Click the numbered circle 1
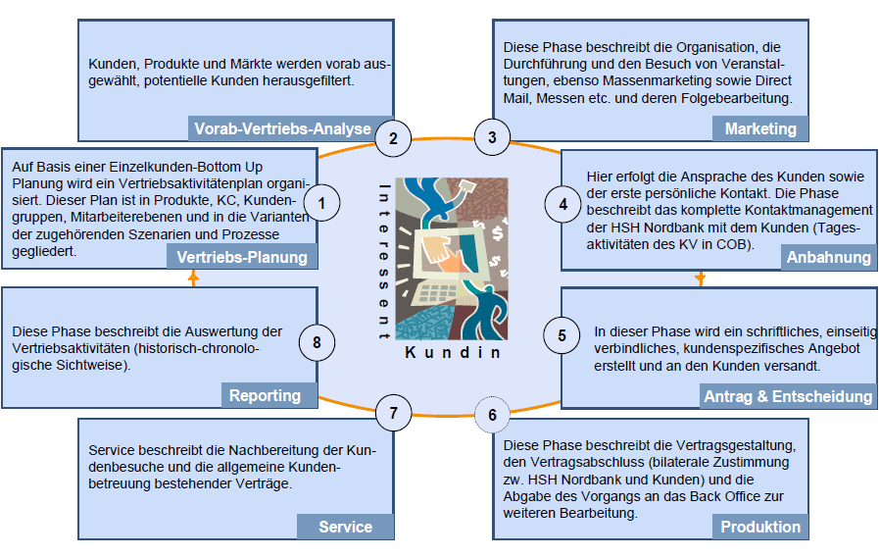pyautogui.click(x=321, y=203)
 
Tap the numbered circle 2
pyautogui.click(x=393, y=138)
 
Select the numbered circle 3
pyautogui.click(x=492, y=138)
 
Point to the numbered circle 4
pyautogui.click(x=562, y=204)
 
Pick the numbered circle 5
pyautogui.click(x=562, y=335)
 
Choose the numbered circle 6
pyautogui.click(x=492, y=414)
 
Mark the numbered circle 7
pyautogui.click(x=393, y=413)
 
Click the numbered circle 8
pyautogui.click(x=317, y=342)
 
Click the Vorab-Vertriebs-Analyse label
pyautogui.click(x=282, y=128)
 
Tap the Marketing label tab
pyautogui.click(x=760, y=128)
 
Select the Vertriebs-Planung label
pyautogui.click(x=242, y=257)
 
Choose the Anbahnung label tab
pyautogui.click(x=828, y=257)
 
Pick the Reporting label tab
pyautogui.click(x=265, y=395)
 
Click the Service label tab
pyautogui.click(x=345, y=527)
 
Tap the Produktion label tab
pyautogui.click(x=760, y=527)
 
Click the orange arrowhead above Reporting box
pyautogui.click(x=193, y=278)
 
